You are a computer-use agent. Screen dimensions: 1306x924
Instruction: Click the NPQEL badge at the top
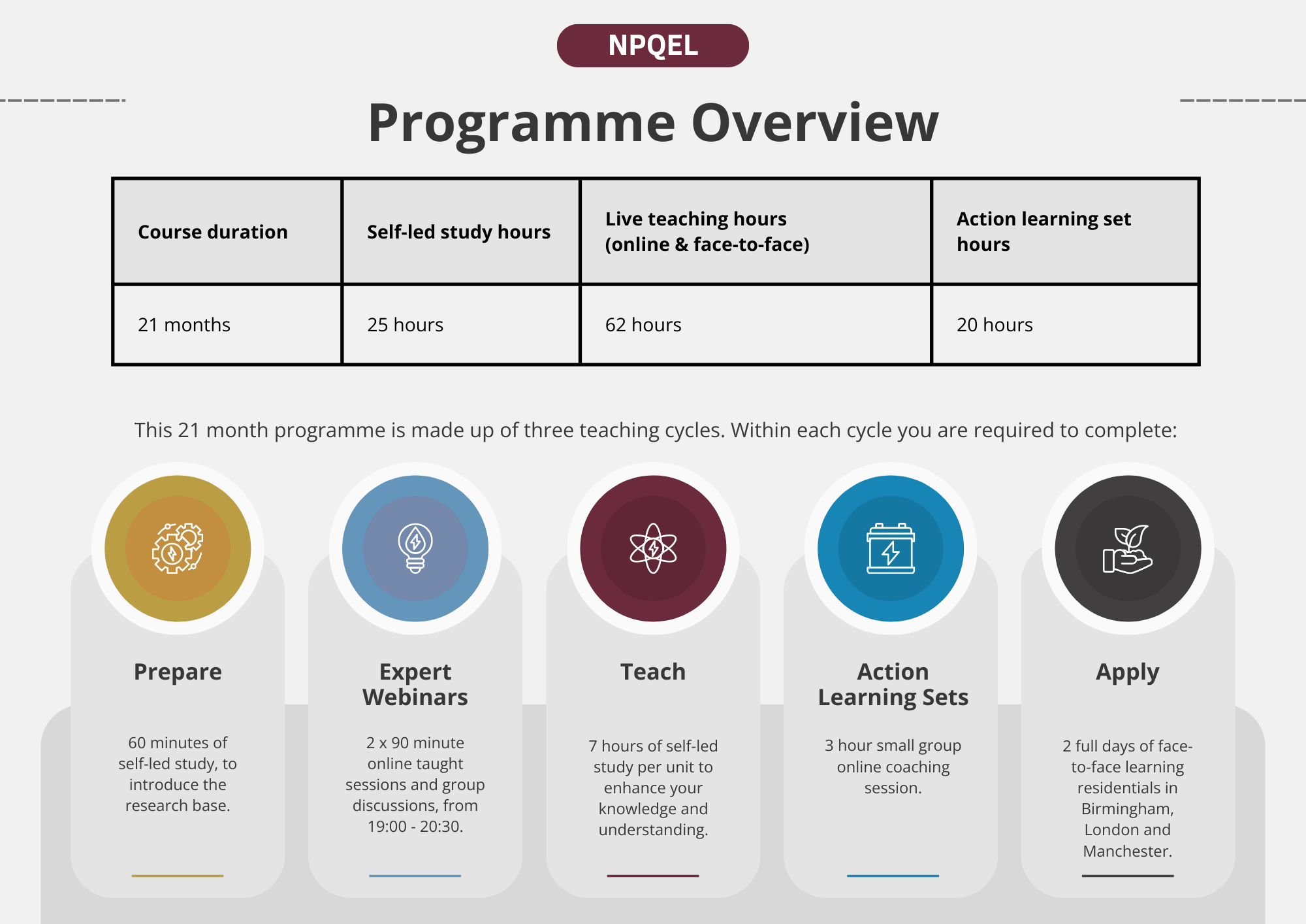(x=652, y=46)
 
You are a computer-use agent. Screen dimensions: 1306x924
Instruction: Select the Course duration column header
(x=213, y=232)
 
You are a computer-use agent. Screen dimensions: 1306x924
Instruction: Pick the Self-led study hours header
(x=458, y=232)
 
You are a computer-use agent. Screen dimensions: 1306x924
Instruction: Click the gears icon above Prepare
(x=178, y=548)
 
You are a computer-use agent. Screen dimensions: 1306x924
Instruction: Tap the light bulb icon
(x=415, y=548)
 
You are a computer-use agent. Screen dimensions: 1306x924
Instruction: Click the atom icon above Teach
(x=653, y=548)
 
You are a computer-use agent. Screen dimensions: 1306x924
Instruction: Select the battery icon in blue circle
(x=891, y=548)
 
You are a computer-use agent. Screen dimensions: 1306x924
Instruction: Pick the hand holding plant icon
(x=1128, y=549)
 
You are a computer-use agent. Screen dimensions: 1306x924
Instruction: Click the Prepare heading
(x=178, y=672)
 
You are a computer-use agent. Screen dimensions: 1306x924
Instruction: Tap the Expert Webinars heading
(x=415, y=684)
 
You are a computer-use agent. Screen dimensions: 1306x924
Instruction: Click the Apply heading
(x=1128, y=672)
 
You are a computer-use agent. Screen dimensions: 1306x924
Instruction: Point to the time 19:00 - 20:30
(x=415, y=827)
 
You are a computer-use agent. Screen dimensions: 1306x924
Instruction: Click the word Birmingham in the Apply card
(x=1128, y=809)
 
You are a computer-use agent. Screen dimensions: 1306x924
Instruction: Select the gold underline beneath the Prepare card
(x=178, y=876)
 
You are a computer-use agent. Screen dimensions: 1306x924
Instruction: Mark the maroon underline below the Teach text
(x=653, y=876)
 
